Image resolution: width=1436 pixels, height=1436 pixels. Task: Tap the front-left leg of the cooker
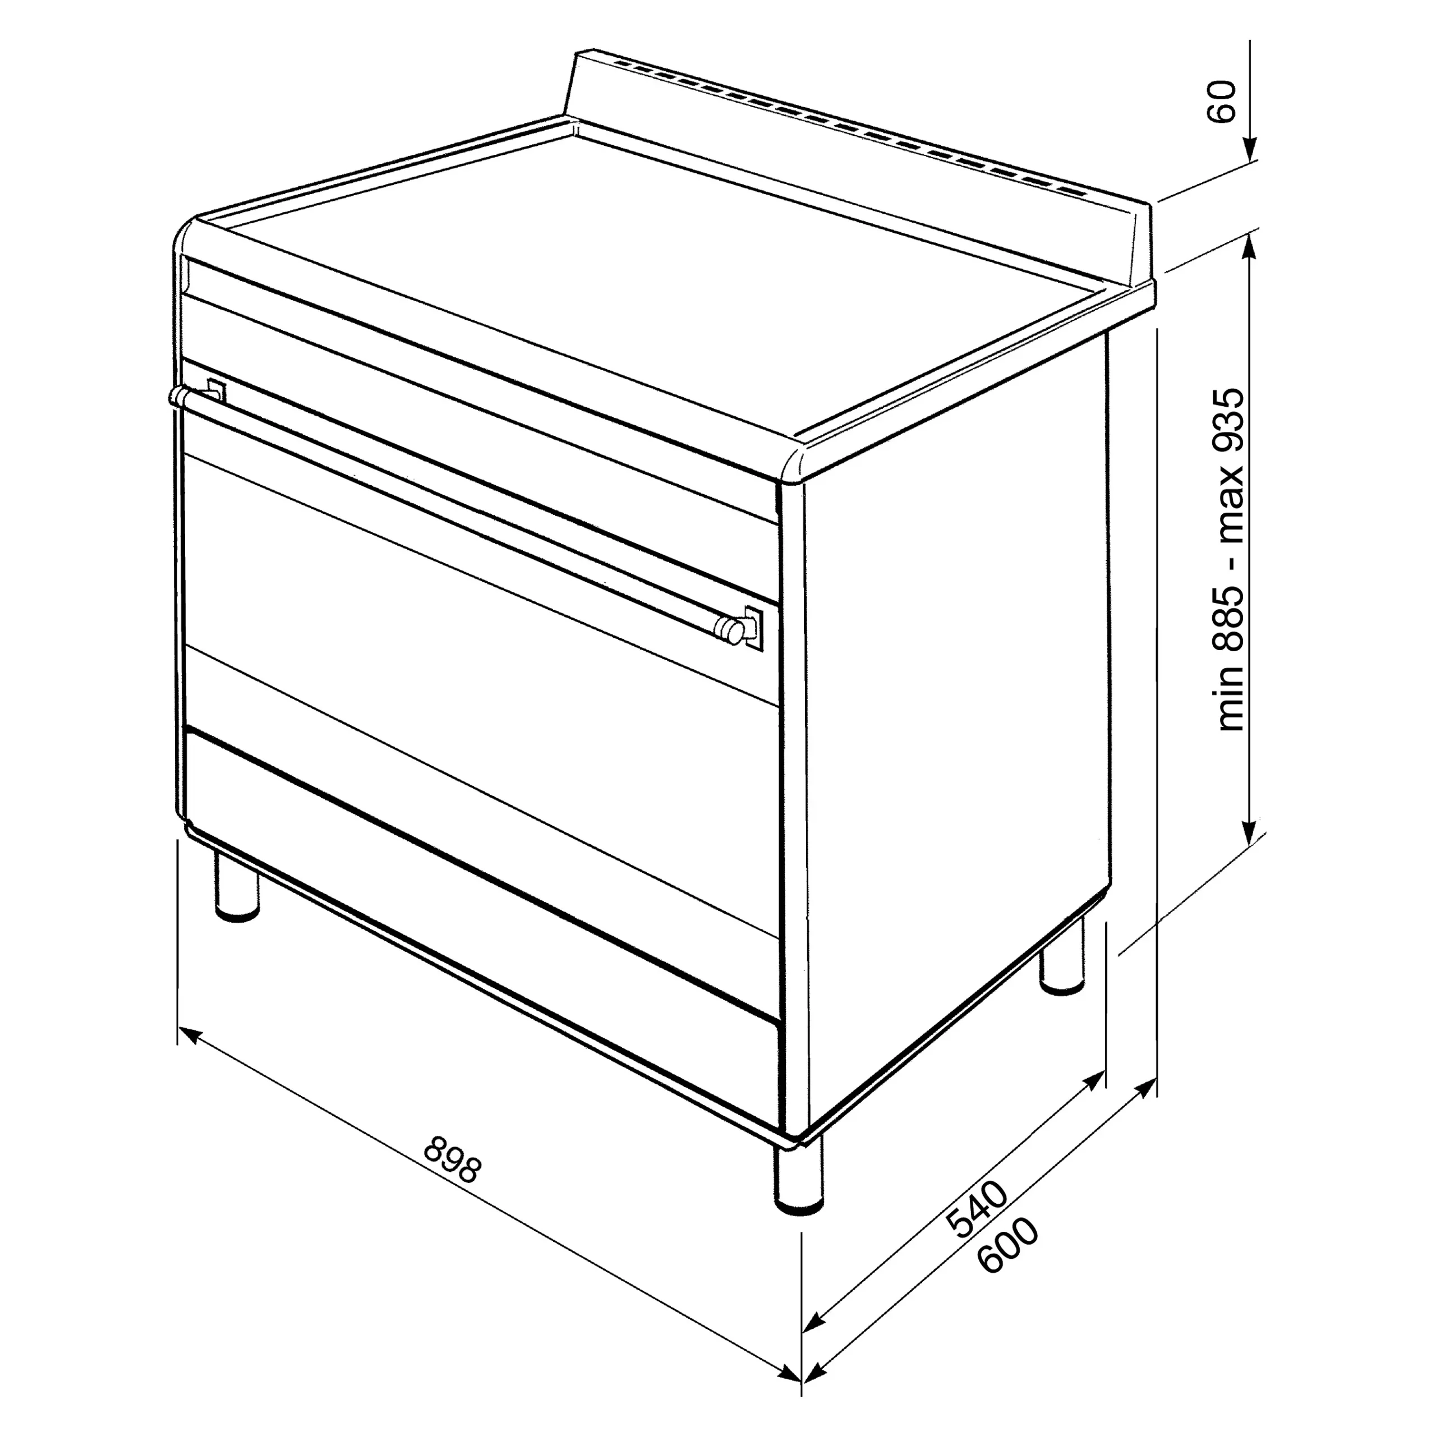click(238, 885)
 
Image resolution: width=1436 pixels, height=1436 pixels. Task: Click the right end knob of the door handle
click(731, 630)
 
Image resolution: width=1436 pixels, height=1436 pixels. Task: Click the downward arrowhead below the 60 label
click(1249, 149)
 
